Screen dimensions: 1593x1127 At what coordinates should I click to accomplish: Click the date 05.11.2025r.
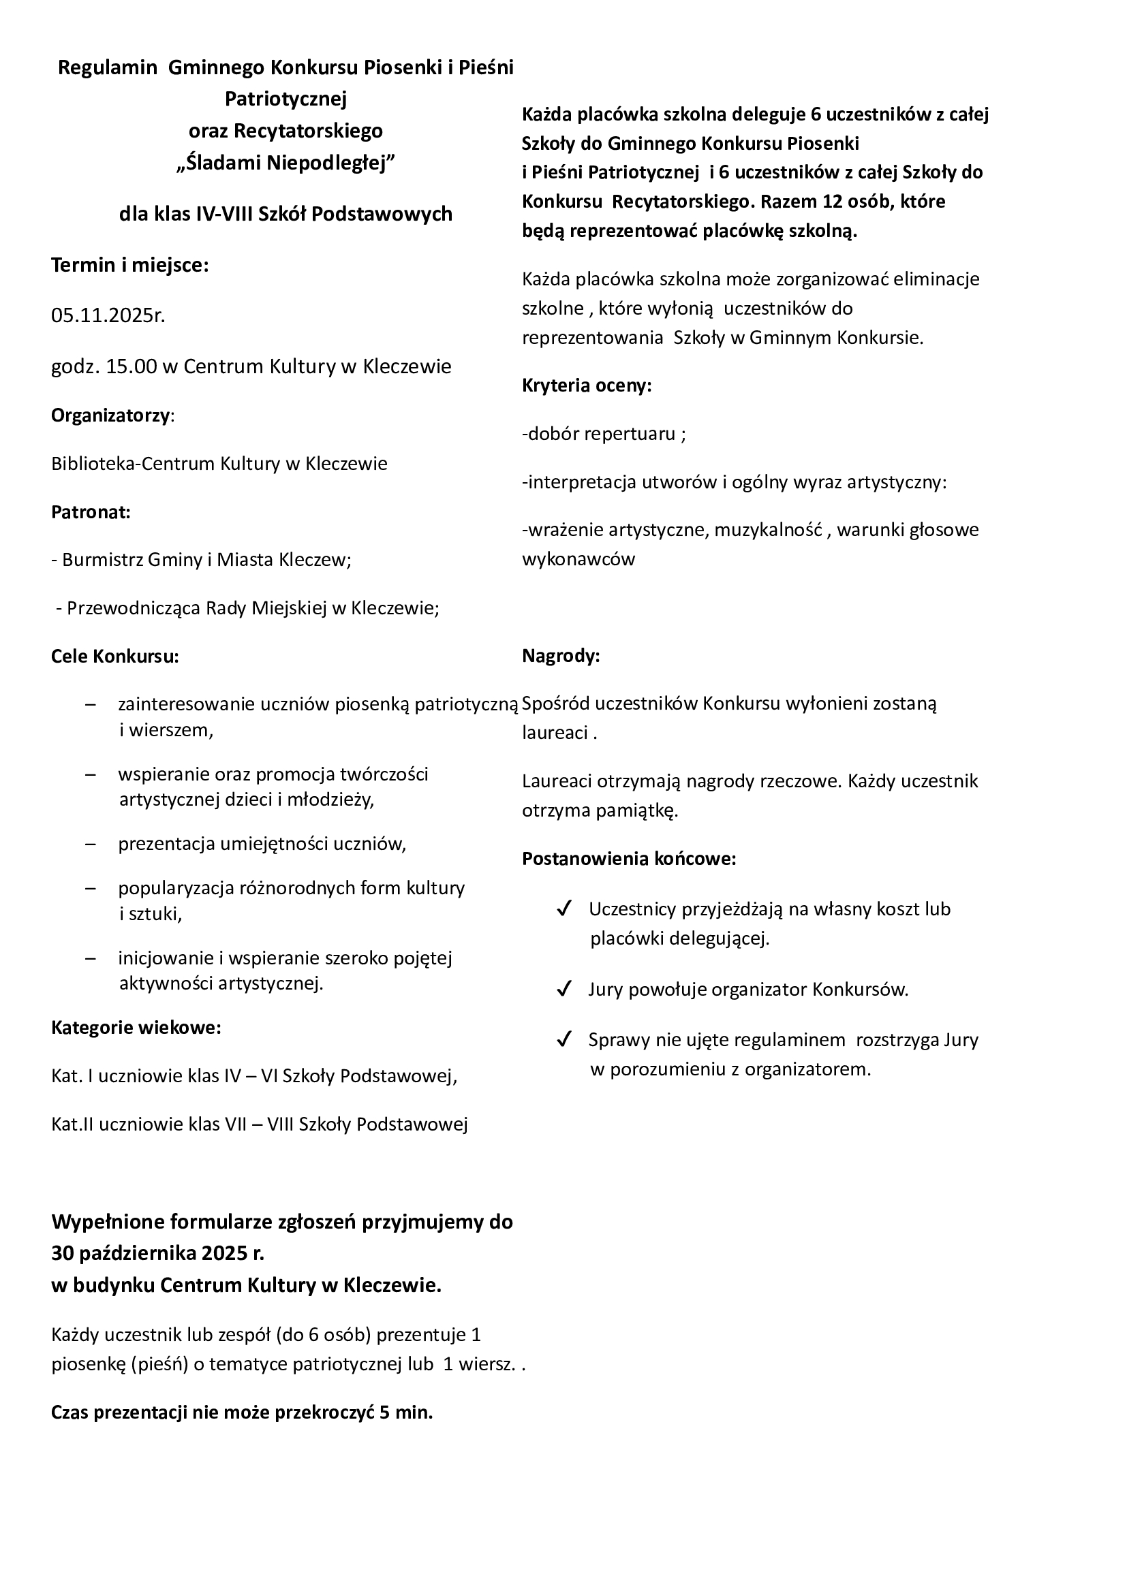click(x=108, y=317)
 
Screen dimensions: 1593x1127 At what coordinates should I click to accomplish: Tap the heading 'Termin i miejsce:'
click(x=129, y=265)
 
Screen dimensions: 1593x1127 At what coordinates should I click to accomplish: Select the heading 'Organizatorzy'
click(x=110, y=415)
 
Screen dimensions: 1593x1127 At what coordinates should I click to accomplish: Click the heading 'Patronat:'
click(x=91, y=512)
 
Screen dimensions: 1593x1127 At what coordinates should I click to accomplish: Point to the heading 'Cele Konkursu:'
click(x=115, y=656)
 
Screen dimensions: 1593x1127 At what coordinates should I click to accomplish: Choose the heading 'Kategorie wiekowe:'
click(x=136, y=1027)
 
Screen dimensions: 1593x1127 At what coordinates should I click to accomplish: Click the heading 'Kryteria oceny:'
click(x=587, y=385)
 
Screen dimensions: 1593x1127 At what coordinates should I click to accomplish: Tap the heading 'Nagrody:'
click(x=561, y=656)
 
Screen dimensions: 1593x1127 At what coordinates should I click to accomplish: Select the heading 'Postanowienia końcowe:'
click(x=629, y=859)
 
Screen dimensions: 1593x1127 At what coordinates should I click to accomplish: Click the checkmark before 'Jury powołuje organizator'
click(x=563, y=990)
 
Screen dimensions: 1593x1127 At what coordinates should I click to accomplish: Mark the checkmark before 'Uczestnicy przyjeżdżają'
click(x=563, y=909)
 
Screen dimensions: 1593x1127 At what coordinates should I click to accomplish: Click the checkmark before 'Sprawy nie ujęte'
click(x=563, y=1039)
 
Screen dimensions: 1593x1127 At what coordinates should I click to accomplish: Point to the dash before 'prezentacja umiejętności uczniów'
click(x=90, y=845)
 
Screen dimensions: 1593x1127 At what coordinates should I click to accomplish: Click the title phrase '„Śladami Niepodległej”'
click(x=285, y=163)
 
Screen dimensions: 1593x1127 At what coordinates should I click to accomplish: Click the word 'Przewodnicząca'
click(x=134, y=608)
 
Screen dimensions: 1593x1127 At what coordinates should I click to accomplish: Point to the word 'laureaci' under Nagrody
click(x=555, y=733)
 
